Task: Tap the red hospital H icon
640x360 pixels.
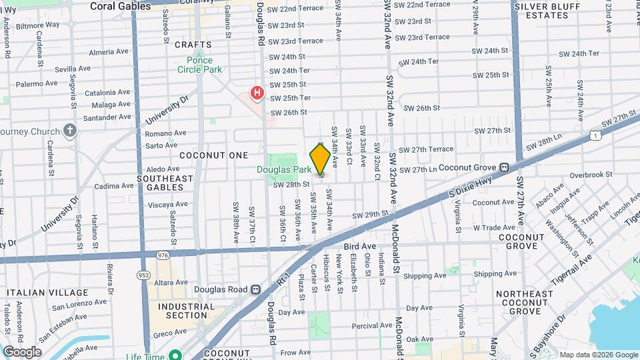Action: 257,92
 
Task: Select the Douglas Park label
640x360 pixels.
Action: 285,170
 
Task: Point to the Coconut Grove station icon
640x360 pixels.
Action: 505,167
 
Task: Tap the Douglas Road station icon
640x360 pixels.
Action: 255,290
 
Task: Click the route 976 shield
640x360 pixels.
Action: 163,255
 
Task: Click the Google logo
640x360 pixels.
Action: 22,352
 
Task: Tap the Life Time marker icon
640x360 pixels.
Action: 175,356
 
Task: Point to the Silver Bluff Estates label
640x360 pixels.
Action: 549,11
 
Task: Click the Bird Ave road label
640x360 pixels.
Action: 360,247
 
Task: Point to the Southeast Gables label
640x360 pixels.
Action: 165,183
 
